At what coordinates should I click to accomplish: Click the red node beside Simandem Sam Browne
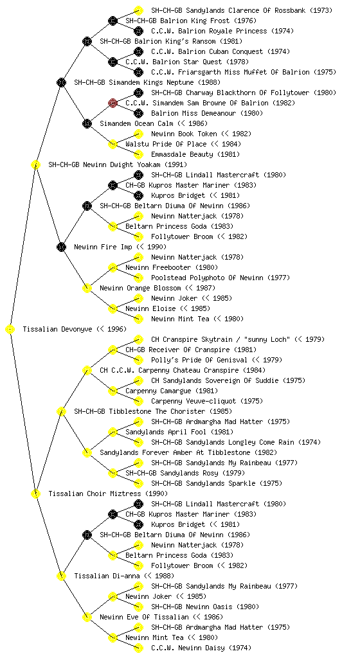113,103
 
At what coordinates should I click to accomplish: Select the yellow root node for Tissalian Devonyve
10,329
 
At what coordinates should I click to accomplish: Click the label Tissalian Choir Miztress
96,493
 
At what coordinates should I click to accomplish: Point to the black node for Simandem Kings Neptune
61,82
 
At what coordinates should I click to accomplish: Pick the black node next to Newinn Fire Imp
61,247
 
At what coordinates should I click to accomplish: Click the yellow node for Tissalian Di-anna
61,576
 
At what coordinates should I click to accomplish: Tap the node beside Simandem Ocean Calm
87,123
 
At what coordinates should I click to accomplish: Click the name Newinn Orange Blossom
140,288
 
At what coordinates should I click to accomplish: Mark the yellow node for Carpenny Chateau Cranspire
87,370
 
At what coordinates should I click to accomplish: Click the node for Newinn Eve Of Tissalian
87,617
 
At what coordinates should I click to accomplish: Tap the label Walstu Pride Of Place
166,144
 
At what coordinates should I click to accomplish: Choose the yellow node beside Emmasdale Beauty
138,154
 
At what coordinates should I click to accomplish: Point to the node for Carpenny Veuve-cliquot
138,401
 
